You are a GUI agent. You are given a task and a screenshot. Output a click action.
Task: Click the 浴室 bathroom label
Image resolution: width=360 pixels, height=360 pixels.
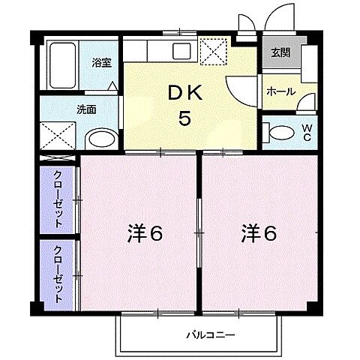point(100,62)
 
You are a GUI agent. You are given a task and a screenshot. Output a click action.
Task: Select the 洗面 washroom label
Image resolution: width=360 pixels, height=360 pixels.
point(85,109)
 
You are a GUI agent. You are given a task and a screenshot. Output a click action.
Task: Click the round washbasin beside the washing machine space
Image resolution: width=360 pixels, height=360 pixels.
point(99,138)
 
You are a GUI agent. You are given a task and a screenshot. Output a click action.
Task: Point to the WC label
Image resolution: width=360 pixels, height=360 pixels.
point(307,133)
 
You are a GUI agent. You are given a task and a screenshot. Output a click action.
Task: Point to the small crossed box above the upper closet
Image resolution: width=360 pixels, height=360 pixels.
point(57,159)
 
